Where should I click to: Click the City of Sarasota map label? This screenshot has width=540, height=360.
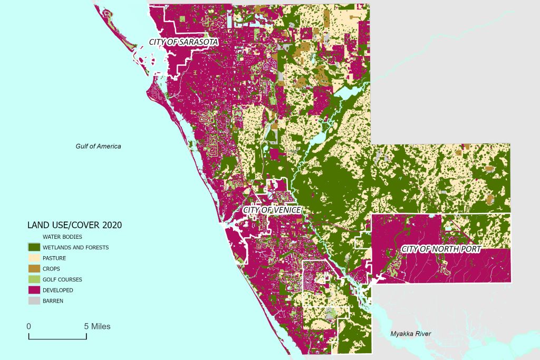(x=184, y=42)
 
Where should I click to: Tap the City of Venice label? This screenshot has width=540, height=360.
(x=272, y=210)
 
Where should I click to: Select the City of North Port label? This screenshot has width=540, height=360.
(x=440, y=249)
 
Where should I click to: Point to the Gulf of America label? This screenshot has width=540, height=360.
(x=98, y=146)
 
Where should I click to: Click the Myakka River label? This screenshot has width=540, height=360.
(x=410, y=334)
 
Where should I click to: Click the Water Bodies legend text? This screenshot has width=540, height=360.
(x=62, y=237)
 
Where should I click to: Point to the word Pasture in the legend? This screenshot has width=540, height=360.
(x=54, y=258)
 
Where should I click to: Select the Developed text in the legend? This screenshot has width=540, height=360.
(x=57, y=290)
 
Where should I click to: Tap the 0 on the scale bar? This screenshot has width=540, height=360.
(x=29, y=326)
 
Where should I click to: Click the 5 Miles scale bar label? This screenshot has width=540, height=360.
(x=98, y=326)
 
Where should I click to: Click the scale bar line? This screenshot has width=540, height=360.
(x=57, y=336)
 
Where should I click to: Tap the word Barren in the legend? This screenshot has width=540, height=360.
(x=53, y=301)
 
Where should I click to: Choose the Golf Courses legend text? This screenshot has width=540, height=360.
(x=62, y=279)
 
